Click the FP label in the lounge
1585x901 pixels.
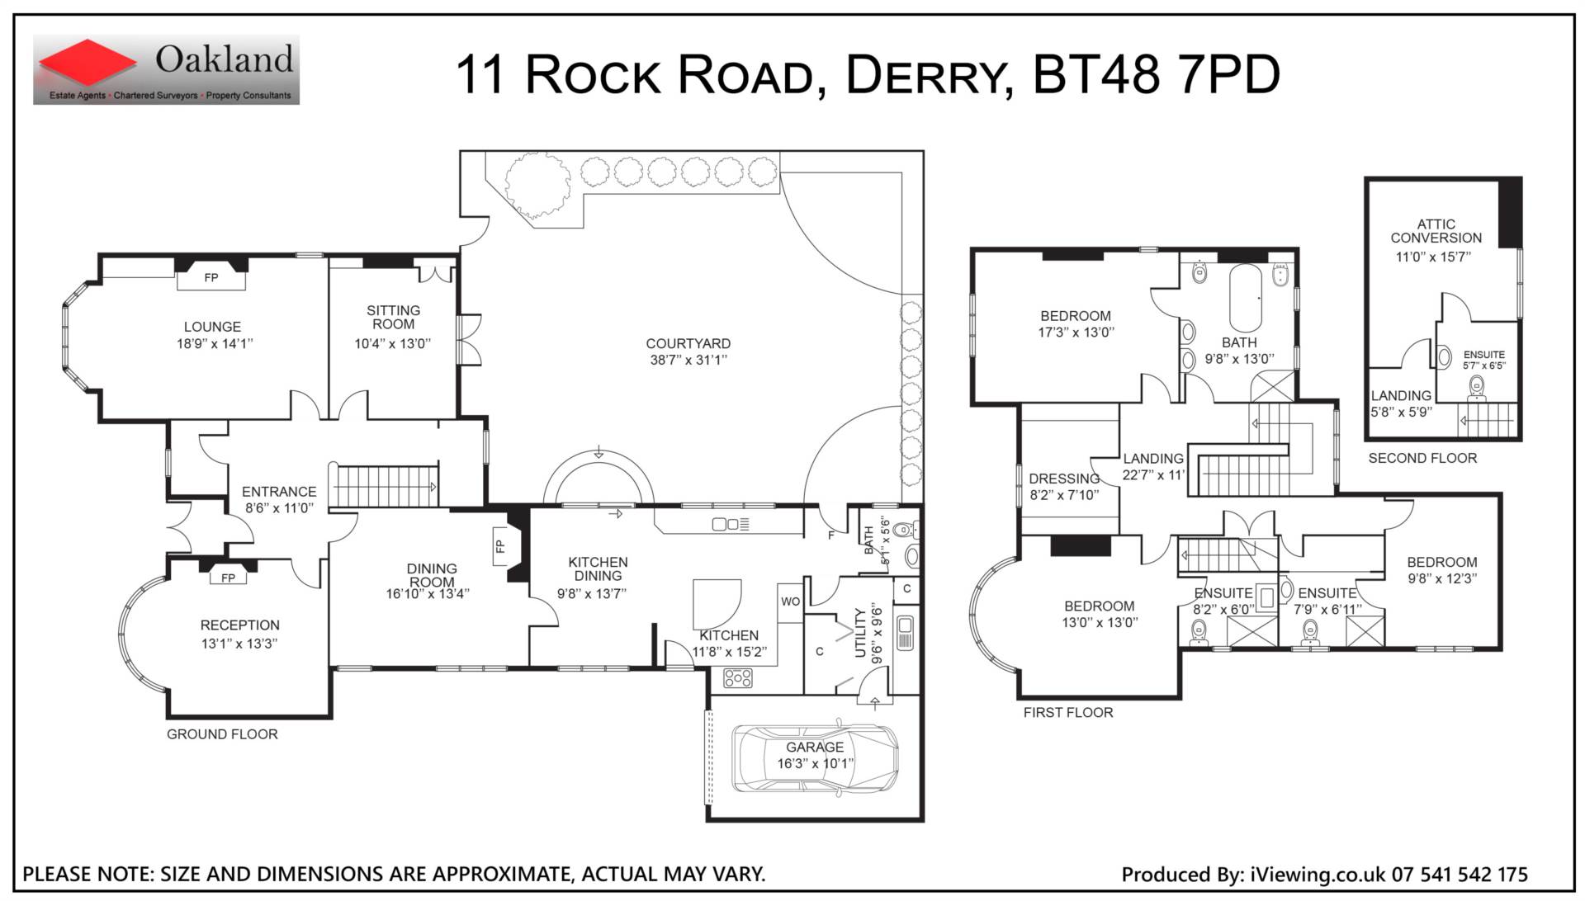(211, 278)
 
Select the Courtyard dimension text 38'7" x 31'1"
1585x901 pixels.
(688, 360)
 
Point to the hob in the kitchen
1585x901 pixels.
(738, 678)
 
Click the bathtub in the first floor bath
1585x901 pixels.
(1246, 298)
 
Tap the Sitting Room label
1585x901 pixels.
(394, 318)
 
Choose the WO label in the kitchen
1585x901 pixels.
(790, 601)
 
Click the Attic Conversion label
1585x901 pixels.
(1436, 231)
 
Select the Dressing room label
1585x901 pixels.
(1064, 479)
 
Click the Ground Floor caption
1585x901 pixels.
(222, 734)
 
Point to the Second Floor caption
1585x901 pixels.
(1422, 458)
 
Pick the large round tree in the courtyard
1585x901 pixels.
(537, 186)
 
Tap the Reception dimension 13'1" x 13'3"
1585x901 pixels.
(239, 644)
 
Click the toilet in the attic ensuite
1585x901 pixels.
(1476, 385)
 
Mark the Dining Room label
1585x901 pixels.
(432, 575)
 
